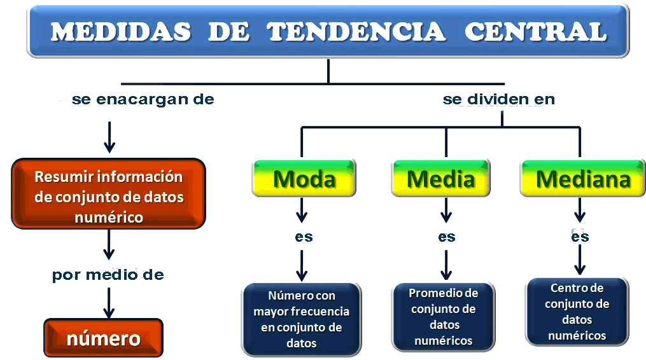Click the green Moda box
tap(304, 179)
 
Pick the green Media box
tap(440, 179)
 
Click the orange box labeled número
tap(103, 338)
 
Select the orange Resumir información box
tap(109, 197)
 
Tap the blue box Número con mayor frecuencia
tap(301, 319)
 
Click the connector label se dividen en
tap(498, 100)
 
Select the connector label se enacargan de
tap(143, 100)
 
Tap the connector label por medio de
tap(108, 275)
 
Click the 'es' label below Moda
tap(304, 237)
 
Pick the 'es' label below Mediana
tap(579, 237)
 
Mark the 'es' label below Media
tap(447, 237)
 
